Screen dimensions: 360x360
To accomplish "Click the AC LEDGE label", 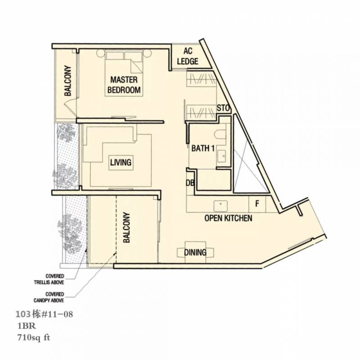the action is point(188,56).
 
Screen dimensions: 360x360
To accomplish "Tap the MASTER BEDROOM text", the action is point(124,85).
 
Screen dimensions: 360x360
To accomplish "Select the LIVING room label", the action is point(121,162).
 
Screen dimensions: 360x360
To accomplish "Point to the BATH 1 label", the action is point(203,148).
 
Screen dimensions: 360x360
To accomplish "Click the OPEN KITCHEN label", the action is point(228,218).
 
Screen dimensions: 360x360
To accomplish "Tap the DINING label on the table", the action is point(195,252).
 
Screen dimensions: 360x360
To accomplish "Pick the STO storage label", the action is point(223,108).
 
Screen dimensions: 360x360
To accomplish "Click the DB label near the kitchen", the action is point(190,183).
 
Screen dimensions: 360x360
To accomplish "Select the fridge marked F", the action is point(257,203).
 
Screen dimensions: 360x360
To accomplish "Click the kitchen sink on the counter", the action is point(220,206).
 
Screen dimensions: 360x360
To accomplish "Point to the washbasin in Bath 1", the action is point(221,156).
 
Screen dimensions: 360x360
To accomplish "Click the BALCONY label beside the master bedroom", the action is point(68,81).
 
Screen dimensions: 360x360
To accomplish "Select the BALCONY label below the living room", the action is point(126,228).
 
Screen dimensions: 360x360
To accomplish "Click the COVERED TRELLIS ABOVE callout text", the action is point(49,279).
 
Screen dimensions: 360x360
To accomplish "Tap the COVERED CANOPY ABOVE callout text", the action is point(49,297).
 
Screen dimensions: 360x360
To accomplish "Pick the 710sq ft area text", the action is point(33,338).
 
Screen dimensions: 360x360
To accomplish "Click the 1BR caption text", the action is point(27,326).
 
